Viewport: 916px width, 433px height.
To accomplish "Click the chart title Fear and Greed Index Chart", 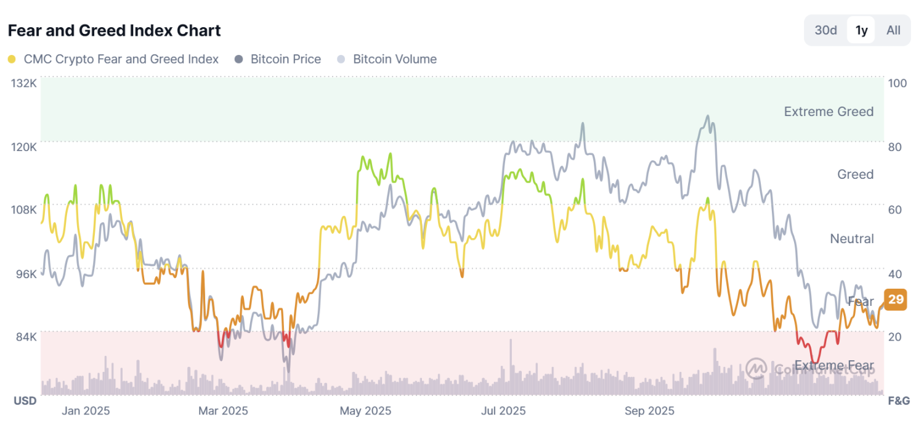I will click(114, 30).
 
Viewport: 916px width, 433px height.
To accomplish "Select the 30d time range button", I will click(825, 30).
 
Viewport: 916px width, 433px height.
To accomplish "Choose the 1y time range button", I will click(861, 30).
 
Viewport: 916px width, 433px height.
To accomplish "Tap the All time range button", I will click(893, 30).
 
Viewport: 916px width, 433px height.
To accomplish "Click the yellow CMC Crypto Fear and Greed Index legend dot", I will click(12, 60).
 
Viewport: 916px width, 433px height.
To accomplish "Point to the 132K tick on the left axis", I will click(24, 83).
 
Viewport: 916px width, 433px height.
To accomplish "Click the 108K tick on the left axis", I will click(24, 210).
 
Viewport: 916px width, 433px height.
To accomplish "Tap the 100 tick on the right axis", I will click(897, 83).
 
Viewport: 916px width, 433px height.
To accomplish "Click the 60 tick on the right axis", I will click(894, 210).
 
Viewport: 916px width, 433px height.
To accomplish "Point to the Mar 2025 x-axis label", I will click(222, 411).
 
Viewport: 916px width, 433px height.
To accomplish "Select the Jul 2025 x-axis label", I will click(503, 411).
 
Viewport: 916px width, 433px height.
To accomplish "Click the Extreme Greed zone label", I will click(829, 112).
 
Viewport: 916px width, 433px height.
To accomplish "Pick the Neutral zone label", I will click(851, 239).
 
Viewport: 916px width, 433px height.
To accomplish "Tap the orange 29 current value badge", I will click(896, 300).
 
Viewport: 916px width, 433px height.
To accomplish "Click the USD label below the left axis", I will click(25, 401).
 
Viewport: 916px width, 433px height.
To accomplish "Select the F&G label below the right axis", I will click(898, 401).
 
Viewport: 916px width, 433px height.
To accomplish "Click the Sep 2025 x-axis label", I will click(649, 411).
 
